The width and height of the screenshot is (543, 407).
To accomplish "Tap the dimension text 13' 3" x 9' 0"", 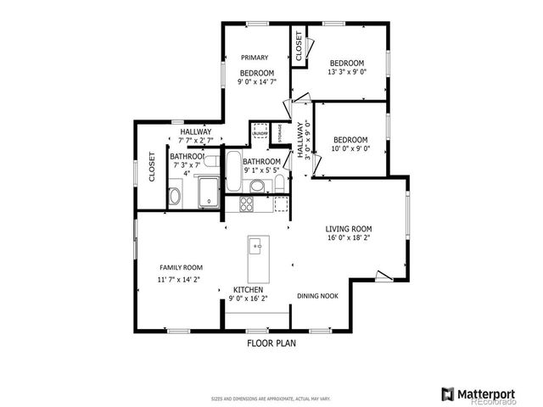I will [x=347, y=72].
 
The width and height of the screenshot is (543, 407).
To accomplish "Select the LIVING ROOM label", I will [x=349, y=228].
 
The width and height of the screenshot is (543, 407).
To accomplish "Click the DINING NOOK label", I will [x=318, y=296].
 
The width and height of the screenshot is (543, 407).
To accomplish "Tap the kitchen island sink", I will [x=255, y=247].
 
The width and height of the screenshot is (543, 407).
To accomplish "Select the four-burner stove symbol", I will [x=247, y=203].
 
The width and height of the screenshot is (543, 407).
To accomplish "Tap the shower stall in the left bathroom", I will [x=208, y=191].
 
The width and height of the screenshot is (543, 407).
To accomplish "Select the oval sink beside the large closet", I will [x=175, y=198].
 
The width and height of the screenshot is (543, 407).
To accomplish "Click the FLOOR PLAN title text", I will [x=271, y=343].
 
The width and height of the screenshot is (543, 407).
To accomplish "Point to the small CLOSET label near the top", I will [x=299, y=47].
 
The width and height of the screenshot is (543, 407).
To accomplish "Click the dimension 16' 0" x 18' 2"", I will [x=349, y=239].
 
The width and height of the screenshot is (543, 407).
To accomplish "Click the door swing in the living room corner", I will [x=384, y=276].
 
